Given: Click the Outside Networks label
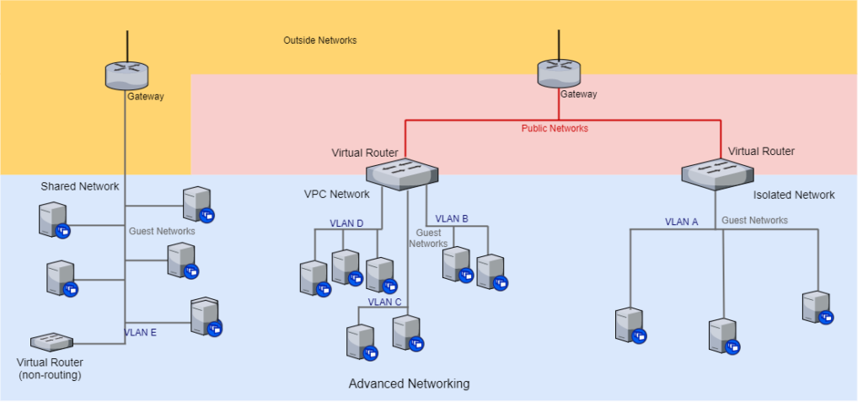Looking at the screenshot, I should click(319, 40).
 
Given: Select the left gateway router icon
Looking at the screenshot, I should click(126, 76).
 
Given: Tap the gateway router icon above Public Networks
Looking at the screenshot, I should click(559, 73).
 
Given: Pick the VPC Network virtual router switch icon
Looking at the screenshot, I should click(403, 173).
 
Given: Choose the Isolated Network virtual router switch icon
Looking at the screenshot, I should click(717, 173).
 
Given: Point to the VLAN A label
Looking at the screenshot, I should click(682, 222).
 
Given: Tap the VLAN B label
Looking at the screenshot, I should click(452, 219).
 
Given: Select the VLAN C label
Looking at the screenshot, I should click(384, 302).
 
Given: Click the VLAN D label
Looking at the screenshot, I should click(346, 223).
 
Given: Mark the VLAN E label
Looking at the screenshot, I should click(141, 332).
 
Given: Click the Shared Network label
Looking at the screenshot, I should click(80, 186).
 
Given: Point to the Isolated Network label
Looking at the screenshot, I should click(794, 195).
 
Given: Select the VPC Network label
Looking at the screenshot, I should click(337, 194).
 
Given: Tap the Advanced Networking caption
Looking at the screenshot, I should click(409, 383).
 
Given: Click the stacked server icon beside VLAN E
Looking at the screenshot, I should click(205, 317).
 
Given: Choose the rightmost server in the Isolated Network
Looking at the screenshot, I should click(816, 307).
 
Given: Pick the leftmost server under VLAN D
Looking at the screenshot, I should click(314, 277).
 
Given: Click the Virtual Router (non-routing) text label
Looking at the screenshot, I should click(49, 368).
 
